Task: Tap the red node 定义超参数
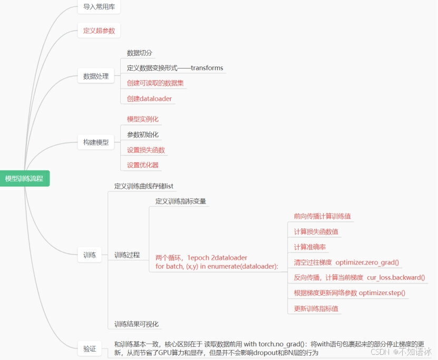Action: click(x=99, y=31)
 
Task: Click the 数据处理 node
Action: click(x=96, y=76)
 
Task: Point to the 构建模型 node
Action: click(x=96, y=142)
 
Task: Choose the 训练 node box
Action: click(x=90, y=255)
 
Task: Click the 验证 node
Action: click(x=90, y=348)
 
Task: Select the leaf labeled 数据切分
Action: click(x=140, y=53)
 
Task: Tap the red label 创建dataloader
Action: click(x=149, y=99)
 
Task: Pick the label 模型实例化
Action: click(x=143, y=120)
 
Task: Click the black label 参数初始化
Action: click(x=143, y=135)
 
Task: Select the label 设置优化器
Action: click(x=143, y=165)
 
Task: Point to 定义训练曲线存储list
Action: click(x=144, y=186)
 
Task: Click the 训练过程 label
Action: click(x=127, y=255)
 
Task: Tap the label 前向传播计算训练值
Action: click(x=323, y=216)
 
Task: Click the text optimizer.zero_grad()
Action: click(x=367, y=262)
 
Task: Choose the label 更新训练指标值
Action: click(x=316, y=308)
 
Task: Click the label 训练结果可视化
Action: click(x=137, y=324)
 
